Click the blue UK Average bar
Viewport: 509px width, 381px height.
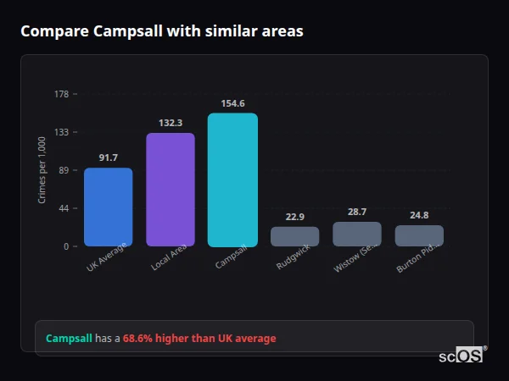pos(108,207)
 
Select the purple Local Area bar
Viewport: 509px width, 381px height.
pos(171,190)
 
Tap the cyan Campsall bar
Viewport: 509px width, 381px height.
pos(232,179)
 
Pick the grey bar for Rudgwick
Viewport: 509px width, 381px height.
pos(294,236)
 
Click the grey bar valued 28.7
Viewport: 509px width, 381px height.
pos(357,234)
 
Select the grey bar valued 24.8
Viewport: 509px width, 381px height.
pos(419,235)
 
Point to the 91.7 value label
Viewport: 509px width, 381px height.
pos(108,157)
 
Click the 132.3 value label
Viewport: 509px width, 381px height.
pos(171,123)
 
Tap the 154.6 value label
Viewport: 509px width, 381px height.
pos(232,103)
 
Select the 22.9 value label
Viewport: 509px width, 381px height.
pos(294,217)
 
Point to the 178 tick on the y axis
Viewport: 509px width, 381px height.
pos(61,94)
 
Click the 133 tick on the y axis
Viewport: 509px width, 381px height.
pos(61,132)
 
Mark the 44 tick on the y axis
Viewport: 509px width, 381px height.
pos(63,208)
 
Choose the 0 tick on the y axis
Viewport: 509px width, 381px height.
pos(65,246)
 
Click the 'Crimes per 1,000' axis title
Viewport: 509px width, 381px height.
pos(42,170)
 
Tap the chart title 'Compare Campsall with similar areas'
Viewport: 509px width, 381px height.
pos(161,31)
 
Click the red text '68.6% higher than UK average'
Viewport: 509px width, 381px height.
pos(199,339)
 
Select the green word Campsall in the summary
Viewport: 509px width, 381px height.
pos(69,339)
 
